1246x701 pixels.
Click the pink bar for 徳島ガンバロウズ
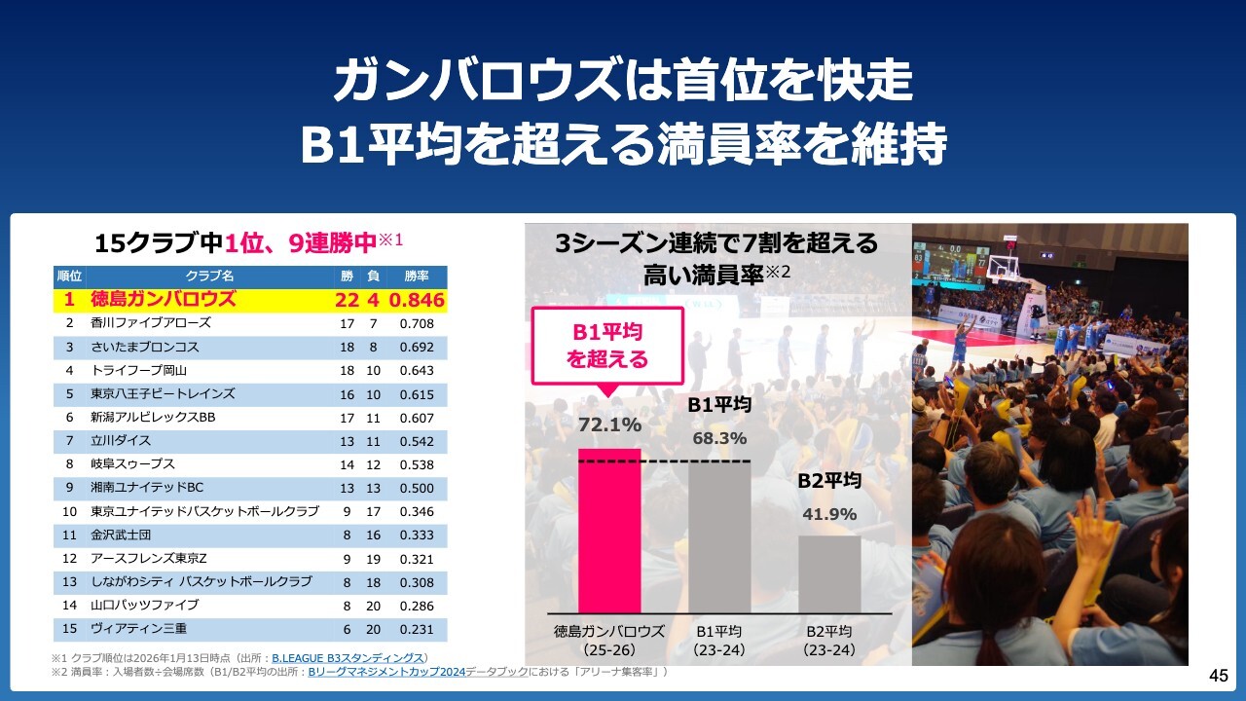point(609,531)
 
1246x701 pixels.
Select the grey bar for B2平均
point(829,573)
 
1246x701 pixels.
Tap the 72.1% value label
point(609,424)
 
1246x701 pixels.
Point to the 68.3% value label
point(719,438)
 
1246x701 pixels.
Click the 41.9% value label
point(829,514)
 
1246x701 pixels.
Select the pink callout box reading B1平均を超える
point(607,346)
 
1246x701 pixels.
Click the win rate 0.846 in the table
point(417,300)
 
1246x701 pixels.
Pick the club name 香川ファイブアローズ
point(151,323)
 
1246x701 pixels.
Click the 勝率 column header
point(417,277)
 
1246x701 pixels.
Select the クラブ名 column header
point(209,277)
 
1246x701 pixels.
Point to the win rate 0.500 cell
point(417,488)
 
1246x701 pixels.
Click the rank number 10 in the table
point(70,511)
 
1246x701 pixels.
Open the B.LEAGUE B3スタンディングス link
point(348,658)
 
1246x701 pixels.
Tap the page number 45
point(1218,676)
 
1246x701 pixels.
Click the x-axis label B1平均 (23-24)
point(719,640)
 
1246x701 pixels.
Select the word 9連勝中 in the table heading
point(331,243)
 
